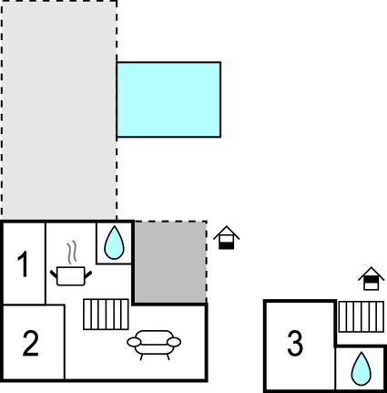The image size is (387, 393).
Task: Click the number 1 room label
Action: [24, 265]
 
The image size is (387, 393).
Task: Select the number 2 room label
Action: [31, 344]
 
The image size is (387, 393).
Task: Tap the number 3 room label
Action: [294, 345]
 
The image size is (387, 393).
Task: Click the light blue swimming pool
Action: [169, 100]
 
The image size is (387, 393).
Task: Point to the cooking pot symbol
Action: [71, 274]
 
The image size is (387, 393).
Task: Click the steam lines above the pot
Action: [71, 250]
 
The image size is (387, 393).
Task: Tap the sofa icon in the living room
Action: [154, 344]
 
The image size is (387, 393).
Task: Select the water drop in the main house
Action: [114, 242]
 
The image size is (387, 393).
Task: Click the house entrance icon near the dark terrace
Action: [228, 238]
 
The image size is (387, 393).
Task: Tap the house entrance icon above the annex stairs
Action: [371, 278]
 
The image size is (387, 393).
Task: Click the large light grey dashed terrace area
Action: [59, 109]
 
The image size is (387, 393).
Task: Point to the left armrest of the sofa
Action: [133, 343]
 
